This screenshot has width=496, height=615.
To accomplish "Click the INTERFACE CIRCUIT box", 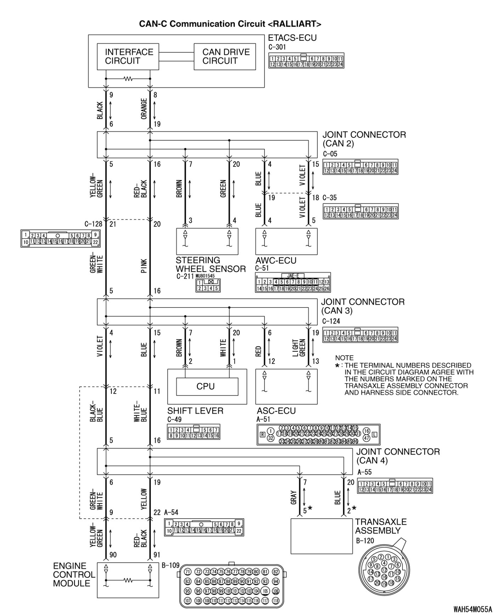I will tap(128, 57).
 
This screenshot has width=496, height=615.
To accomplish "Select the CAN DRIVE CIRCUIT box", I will tap(225, 57).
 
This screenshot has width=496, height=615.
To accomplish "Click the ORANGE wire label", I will tap(144, 110).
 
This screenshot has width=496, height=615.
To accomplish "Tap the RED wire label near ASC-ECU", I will tap(258, 351).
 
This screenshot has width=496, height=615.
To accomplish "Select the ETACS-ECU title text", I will tap(292, 38).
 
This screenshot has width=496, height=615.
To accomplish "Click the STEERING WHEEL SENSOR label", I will tap(210, 265).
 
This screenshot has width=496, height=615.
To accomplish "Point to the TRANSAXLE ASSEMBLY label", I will tap(381, 526).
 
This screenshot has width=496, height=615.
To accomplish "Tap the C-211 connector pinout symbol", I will tap(208, 286).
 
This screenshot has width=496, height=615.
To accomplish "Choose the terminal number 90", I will tap(113, 555).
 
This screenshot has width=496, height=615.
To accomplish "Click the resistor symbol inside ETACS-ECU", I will tap(128, 79).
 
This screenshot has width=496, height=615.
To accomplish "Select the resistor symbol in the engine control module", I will tap(128, 580).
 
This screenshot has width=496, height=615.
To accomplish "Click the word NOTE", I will tap(344, 358).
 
